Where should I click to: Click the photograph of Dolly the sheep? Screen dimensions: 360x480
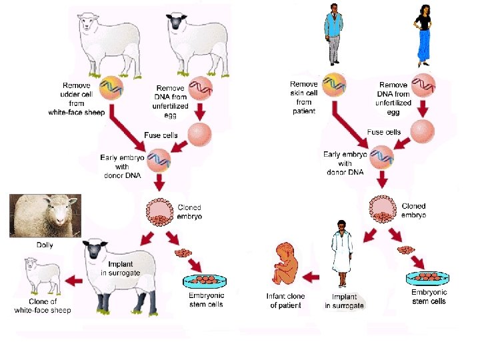coord(45,215)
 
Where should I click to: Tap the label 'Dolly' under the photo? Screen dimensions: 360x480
coord(44,245)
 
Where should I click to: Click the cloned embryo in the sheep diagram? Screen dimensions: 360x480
coord(160,212)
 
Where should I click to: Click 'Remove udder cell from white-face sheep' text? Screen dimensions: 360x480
coord(77,99)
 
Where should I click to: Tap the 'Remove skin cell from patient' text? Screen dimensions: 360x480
coord(304,97)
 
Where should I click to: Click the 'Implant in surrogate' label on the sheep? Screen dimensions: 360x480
coord(121,269)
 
